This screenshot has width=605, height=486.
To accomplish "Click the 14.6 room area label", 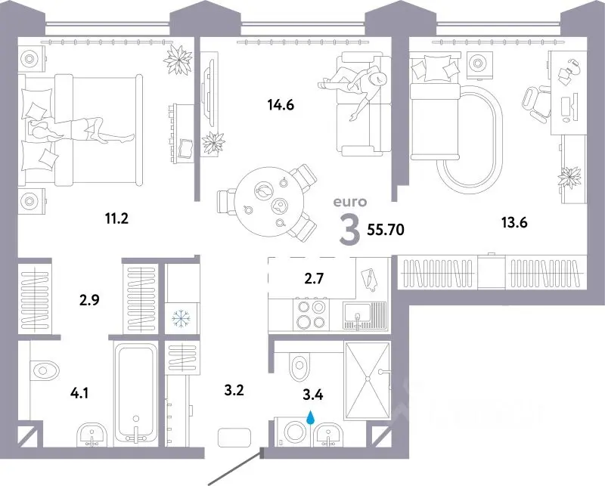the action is [x=281, y=104].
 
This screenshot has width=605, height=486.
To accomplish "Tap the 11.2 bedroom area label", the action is [x=116, y=219].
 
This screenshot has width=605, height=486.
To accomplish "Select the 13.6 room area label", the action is [x=514, y=222].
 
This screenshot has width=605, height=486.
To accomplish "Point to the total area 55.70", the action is [x=386, y=230].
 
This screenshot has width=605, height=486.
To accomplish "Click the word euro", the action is [x=350, y=202].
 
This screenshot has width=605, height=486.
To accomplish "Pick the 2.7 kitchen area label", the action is [x=313, y=277].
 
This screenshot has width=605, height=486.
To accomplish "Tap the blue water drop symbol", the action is [x=310, y=417].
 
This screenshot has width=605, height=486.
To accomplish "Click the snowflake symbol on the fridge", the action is [x=180, y=318].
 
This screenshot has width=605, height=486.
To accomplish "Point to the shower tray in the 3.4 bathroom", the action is [x=367, y=381].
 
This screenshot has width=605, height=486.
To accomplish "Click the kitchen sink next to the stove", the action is [x=365, y=315].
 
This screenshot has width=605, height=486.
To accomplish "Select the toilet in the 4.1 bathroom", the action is [x=43, y=370].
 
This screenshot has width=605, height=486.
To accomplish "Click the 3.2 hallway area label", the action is [x=234, y=390].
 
